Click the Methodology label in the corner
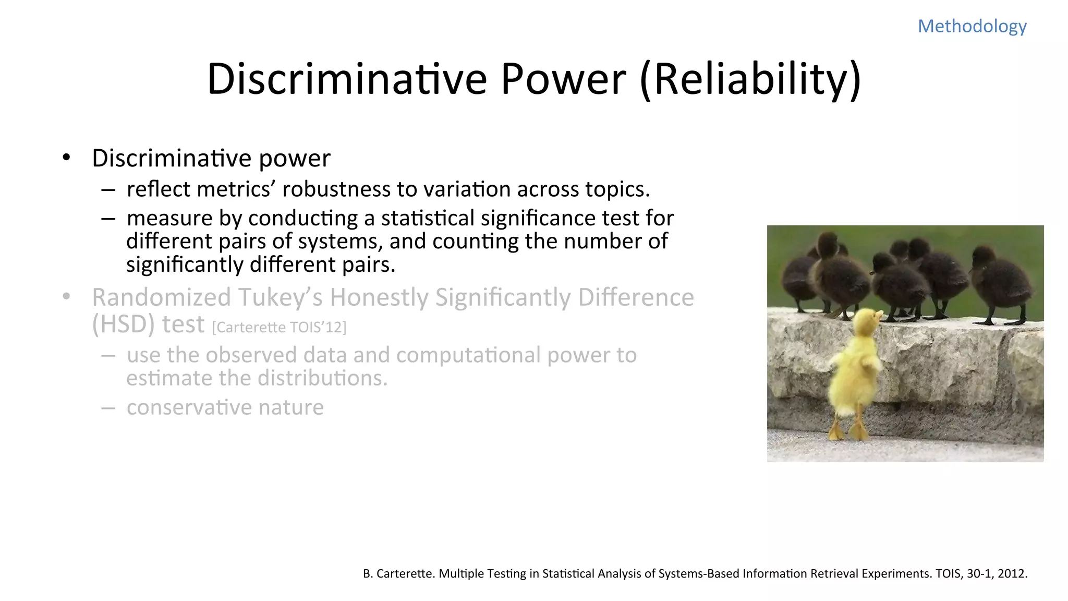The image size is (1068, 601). [x=972, y=26]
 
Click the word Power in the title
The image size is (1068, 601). [x=563, y=79]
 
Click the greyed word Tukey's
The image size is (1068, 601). [x=280, y=298]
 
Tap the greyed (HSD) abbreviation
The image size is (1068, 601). [x=124, y=324]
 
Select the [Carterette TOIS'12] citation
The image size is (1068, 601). [x=279, y=328]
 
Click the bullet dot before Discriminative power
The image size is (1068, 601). [x=66, y=158]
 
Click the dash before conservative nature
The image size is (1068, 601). [x=108, y=408]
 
